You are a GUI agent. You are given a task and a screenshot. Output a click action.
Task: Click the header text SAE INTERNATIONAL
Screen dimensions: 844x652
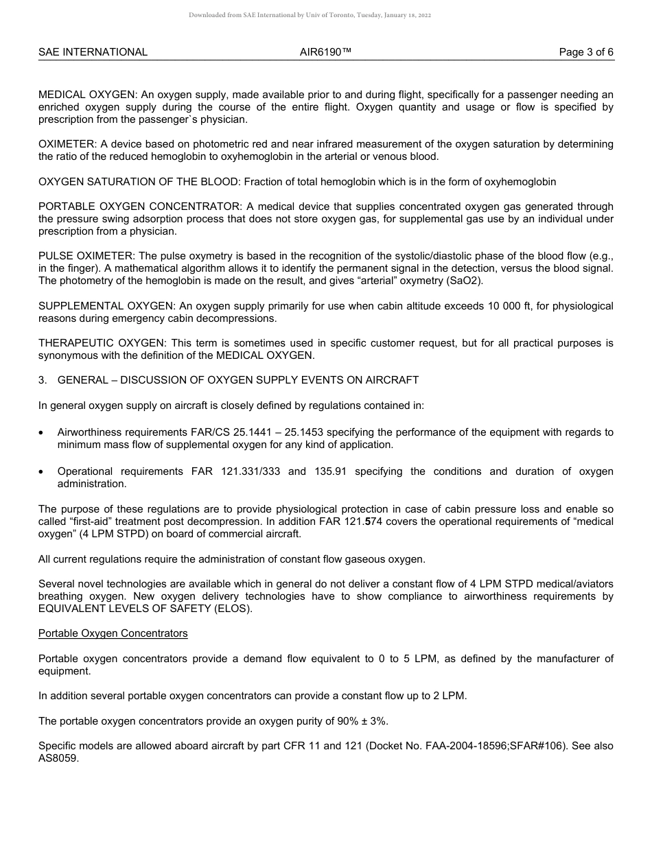point(93,52)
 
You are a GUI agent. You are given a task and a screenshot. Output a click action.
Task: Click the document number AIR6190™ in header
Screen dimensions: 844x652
point(325,52)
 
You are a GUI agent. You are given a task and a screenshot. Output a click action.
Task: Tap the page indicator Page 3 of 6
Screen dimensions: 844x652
point(586,52)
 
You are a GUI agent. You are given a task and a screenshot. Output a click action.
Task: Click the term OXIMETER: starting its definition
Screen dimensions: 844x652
point(67,144)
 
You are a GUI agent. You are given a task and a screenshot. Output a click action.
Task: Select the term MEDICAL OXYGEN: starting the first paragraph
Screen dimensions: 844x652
point(86,95)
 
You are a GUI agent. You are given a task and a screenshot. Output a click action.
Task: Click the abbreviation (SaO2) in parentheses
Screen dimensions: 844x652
point(467,281)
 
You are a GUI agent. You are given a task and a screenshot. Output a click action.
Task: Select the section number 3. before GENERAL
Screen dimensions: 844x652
point(43,380)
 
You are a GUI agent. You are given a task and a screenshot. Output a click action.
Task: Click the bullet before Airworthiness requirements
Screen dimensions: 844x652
point(42,433)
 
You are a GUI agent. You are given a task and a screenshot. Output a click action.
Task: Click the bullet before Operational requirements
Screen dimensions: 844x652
point(42,472)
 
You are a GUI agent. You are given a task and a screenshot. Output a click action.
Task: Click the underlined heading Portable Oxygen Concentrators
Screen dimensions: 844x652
point(113,633)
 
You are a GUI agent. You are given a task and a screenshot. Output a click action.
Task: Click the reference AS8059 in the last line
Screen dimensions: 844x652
point(58,758)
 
